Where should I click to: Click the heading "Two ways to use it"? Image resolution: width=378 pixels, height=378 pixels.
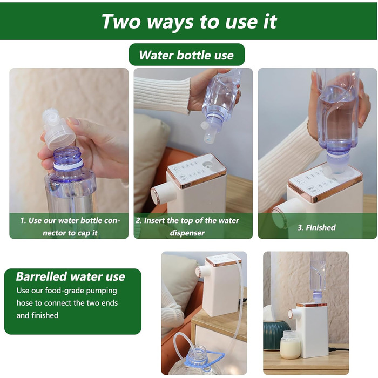coord(189,21)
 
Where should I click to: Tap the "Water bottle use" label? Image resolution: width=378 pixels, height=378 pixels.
coord(186,55)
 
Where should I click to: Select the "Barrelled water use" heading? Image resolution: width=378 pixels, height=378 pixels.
coord(70,276)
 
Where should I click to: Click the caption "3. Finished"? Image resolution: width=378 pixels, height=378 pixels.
coord(316,227)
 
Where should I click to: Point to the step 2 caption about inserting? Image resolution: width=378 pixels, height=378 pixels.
coord(187,227)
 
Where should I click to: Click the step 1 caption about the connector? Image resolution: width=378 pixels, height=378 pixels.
coord(70,227)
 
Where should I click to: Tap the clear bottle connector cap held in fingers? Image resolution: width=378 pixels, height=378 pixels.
coord(58,129)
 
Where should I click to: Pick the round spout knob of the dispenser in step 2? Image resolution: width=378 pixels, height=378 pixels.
coord(161,193)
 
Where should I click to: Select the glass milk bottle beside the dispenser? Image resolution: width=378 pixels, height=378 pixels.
coord(291,345)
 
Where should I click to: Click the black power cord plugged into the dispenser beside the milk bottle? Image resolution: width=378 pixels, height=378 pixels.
coord(339,349)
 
